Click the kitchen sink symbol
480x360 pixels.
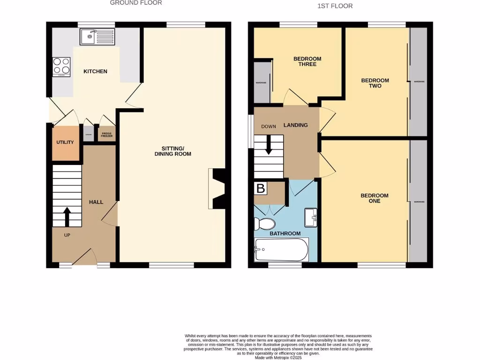coord(97,37)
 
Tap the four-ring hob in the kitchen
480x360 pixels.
coord(61,67)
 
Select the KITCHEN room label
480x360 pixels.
coord(95,72)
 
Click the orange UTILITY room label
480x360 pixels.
coord(65,142)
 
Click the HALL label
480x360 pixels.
coord(96,202)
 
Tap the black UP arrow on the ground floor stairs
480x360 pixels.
coord(66,217)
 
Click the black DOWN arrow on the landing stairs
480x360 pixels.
coord(269,145)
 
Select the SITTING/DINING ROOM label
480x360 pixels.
coord(173,151)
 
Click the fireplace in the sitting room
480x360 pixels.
coord(217,188)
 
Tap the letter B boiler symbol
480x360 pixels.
coord(261,189)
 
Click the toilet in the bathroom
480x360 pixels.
coord(266,224)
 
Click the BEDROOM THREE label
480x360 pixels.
coord(307,61)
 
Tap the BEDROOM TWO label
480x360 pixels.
coord(375,83)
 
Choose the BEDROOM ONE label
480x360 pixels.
coord(374,198)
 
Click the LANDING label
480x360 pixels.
coord(296,125)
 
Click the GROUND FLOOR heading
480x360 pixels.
coord(136,3)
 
